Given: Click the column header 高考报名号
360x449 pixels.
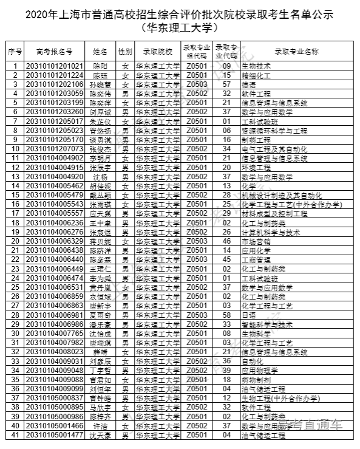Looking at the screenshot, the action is pyautogui.click(x=54, y=51).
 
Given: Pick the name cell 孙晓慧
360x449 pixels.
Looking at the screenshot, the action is pyautogui.click(x=100, y=84).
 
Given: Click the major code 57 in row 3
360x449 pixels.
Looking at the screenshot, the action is pyautogui.click(x=226, y=84).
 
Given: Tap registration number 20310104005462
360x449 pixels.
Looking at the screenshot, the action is pyautogui.click(x=54, y=186).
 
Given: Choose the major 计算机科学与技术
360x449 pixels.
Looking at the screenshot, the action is pyautogui.click(x=271, y=232).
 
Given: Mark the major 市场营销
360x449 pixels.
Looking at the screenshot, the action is pyautogui.click(x=255, y=241).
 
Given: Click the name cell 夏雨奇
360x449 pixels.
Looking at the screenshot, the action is pyautogui.click(x=100, y=315).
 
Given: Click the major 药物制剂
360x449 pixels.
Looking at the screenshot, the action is pyautogui.click(x=255, y=380).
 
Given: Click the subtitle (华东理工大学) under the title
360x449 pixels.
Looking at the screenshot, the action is pyautogui.click(x=180, y=27).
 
